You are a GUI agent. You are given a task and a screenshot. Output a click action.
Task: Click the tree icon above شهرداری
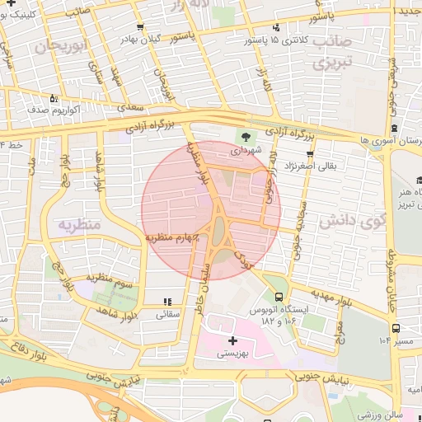pyautogui.click(x=246, y=136)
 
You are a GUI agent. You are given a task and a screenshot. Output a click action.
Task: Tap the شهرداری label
pyautogui.click(x=245, y=151)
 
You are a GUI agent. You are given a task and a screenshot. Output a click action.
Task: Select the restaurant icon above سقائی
pyautogui.click(x=167, y=302)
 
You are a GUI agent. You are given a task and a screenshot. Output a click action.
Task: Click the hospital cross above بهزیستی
pyautogui.click(x=232, y=340)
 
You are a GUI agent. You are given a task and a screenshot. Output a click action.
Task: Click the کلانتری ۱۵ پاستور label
pyautogui.click(x=277, y=39)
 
